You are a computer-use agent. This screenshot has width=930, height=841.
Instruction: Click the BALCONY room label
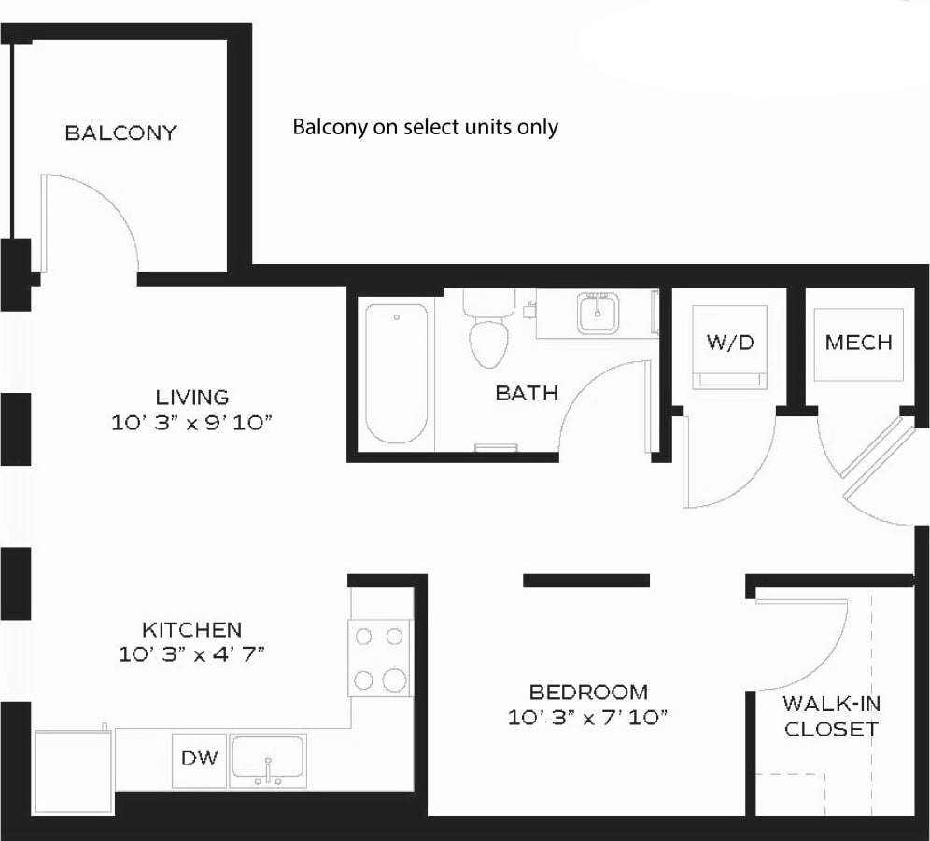(120, 133)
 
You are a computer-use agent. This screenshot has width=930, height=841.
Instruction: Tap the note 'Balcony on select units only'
(425, 127)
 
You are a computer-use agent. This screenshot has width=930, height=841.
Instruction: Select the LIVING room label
(192, 398)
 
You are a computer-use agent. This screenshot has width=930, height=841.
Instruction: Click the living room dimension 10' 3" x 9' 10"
(191, 424)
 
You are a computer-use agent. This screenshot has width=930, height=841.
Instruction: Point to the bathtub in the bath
(397, 372)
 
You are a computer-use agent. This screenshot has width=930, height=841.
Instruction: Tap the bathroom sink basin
(595, 312)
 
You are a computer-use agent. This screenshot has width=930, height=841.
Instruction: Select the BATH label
(527, 393)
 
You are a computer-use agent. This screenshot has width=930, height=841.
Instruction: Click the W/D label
(729, 343)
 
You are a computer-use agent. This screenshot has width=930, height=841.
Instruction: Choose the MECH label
(858, 343)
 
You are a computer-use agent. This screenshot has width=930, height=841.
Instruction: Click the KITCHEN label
(191, 629)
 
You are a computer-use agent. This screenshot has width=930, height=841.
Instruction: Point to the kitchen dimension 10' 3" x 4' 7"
(192, 654)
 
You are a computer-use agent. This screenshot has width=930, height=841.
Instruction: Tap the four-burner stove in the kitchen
(379, 658)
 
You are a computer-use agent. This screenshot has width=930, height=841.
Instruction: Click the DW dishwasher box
(199, 759)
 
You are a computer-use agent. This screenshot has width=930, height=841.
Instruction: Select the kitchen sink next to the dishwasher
(268, 759)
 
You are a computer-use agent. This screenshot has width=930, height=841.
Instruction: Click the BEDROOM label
(588, 693)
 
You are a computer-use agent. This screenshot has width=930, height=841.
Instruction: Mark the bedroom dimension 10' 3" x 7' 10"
(588, 718)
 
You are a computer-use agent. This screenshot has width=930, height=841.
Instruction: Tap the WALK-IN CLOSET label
(831, 716)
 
